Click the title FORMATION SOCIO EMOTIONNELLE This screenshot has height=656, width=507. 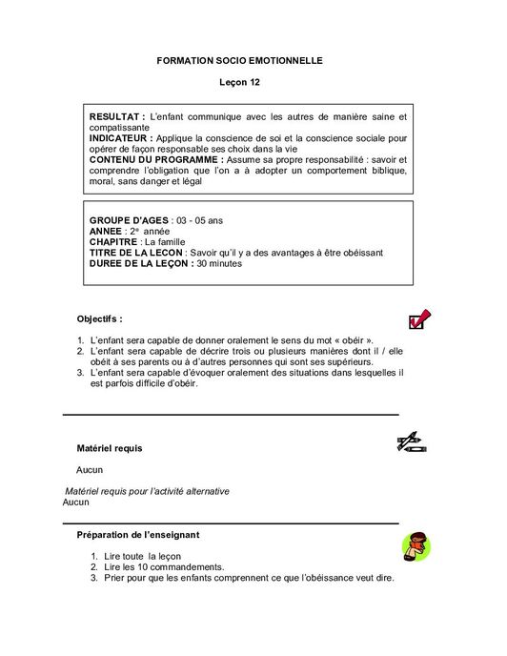click(x=239, y=60)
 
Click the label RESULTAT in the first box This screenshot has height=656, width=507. click(x=116, y=115)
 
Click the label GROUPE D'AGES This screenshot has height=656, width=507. click(x=127, y=220)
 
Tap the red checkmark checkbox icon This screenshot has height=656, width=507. click(x=419, y=319)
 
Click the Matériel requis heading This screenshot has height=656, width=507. click(x=111, y=446)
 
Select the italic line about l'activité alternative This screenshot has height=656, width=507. click(x=153, y=490)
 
